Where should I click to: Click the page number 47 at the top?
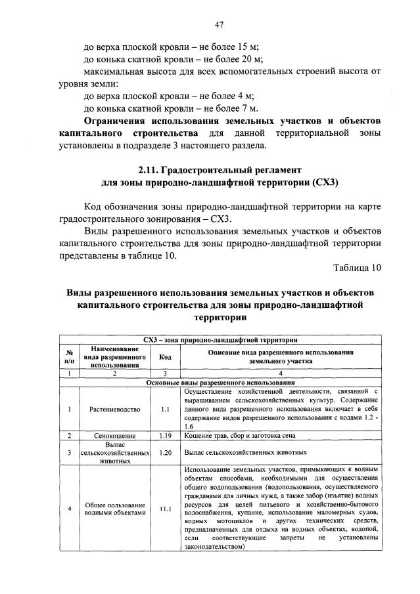(x=220, y=24)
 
